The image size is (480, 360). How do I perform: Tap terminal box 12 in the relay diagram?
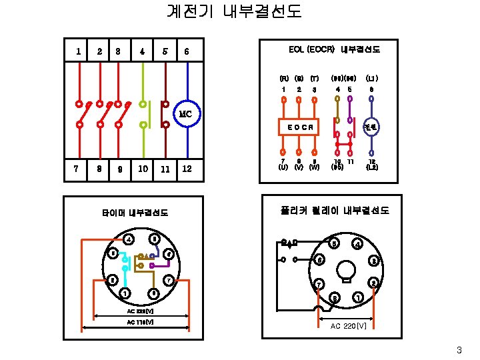187,169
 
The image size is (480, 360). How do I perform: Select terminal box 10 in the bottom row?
143,169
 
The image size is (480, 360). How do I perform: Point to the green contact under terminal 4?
143,114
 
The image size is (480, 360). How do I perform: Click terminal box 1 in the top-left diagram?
79,51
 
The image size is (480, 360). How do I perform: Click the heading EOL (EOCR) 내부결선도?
334,49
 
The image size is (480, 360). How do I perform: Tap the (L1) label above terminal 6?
371,79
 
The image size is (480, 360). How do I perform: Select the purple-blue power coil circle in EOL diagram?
371,127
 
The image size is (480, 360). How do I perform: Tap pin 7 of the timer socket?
169,279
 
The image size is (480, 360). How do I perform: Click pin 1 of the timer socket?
125,293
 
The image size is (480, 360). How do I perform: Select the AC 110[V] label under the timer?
140,323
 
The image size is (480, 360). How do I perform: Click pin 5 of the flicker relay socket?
334,242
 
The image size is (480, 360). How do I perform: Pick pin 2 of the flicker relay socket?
375,283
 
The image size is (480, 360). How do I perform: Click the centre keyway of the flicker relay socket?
347,270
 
